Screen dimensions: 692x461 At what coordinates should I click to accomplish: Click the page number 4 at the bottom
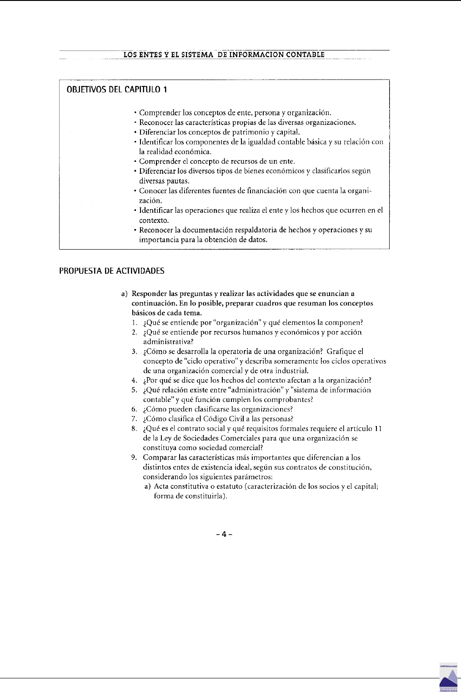pyautogui.click(x=224, y=534)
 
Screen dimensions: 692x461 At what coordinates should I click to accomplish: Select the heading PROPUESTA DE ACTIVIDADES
pyautogui.click(x=112, y=271)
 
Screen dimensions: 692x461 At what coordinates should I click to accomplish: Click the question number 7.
pyautogui.click(x=134, y=419)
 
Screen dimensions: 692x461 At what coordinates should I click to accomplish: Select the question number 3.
pyautogui.click(x=134, y=351)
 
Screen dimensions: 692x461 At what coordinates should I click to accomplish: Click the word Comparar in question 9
pyautogui.click(x=159, y=457)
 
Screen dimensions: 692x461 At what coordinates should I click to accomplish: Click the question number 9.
pyautogui.click(x=134, y=457)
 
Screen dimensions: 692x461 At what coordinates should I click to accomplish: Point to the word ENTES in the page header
pyautogui.click(x=149, y=55)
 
